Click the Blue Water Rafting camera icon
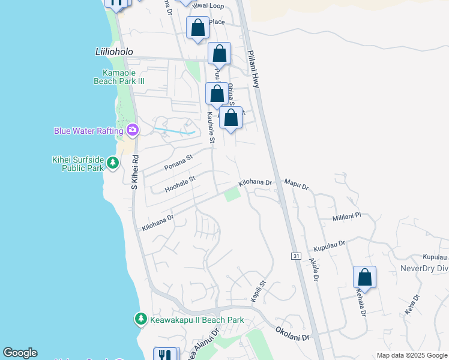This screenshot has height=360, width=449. (133, 130)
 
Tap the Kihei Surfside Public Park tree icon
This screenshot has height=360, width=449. (112, 162)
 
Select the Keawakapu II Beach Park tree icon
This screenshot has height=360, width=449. (140, 319)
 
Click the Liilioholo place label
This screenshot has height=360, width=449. (114, 52)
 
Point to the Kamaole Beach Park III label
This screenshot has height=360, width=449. (119, 77)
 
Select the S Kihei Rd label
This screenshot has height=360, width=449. (135, 172)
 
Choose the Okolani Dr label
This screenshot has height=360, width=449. (293, 334)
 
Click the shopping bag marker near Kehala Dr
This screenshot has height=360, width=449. (364, 277)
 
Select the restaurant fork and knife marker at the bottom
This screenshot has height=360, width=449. (166, 354)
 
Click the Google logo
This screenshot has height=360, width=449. (20, 353)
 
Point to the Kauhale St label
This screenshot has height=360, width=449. (211, 127)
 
